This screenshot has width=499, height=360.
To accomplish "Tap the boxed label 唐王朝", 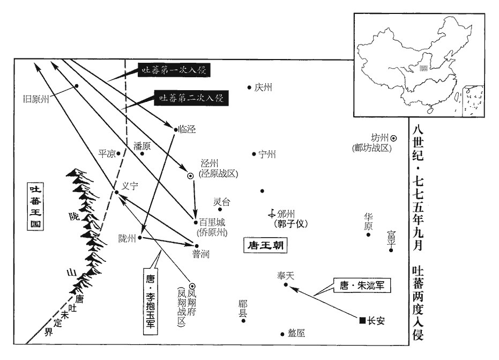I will (263, 246).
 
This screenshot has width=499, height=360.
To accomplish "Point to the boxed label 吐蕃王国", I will (35, 207).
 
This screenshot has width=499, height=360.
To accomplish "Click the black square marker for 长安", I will (362, 321).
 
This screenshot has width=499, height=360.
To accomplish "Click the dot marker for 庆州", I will (249, 87).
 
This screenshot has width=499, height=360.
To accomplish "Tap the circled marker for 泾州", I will (190, 175).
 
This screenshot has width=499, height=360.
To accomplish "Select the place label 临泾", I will (187, 129).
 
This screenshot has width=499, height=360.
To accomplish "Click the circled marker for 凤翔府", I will (191, 285).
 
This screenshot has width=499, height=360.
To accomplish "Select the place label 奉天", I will (286, 275).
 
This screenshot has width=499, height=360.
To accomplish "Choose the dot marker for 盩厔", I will (282, 334).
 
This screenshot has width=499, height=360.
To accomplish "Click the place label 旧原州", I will (36, 99).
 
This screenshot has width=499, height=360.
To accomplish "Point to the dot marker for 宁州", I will (254, 154).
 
